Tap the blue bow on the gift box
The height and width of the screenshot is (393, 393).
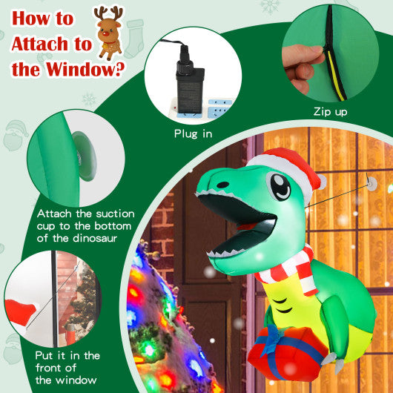coord(276,337)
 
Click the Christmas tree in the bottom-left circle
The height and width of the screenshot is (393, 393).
coord(84,296)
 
